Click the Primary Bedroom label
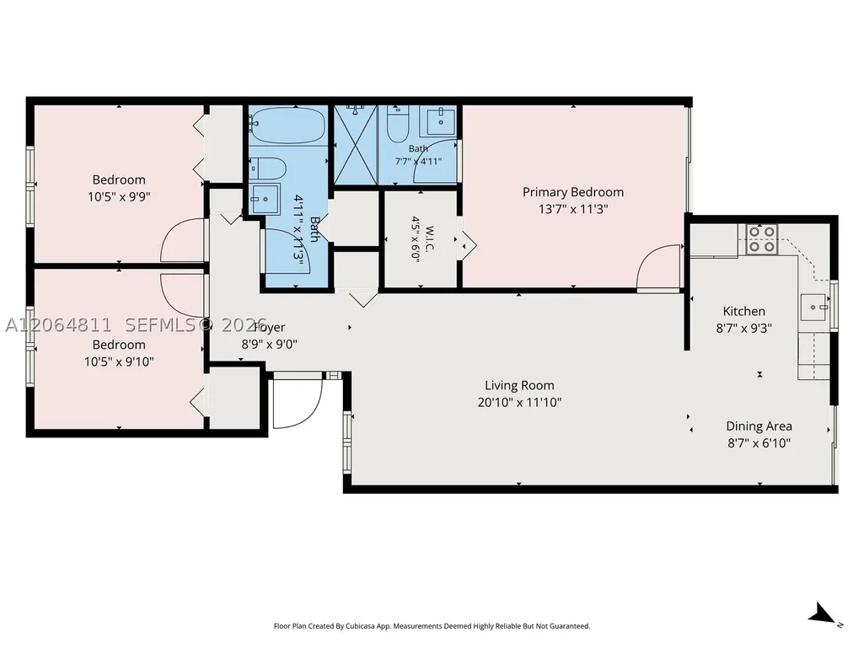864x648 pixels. click(573, 192)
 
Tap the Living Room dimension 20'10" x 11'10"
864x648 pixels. click(519, 402)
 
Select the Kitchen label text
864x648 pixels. click(743, 311)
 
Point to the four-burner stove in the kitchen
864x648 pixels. click(761, 239)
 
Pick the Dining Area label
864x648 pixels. click(759, 426)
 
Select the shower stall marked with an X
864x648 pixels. click(356, 144)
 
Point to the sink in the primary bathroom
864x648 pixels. click(438, 121)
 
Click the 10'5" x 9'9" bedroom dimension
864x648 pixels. click(119, 196)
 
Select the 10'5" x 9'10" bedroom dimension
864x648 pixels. click(119, 362)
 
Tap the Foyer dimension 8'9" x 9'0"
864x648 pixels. click(270, 345)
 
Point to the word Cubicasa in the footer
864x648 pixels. click(362, 626)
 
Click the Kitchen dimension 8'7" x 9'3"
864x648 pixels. click(743, 329)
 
